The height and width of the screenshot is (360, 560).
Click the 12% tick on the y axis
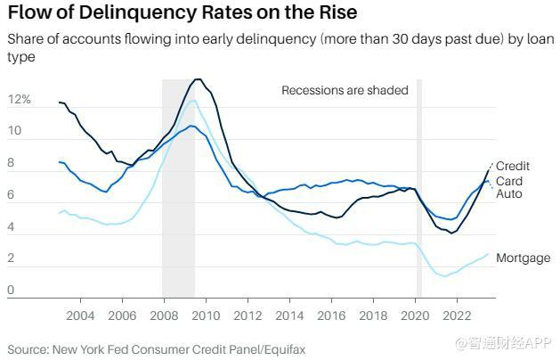coord(20,100)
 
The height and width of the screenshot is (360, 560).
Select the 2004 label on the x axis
coord(80,315)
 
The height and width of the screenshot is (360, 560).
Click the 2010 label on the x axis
coord(206,315)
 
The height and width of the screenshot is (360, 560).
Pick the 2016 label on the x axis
coord(331,315)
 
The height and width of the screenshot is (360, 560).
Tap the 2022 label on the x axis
coord(458,315)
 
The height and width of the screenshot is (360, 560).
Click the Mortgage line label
coord(523,258)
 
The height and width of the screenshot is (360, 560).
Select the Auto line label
coord(508,194)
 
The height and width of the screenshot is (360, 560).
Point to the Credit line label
coord(513,167)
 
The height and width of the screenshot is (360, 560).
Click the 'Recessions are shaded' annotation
coord(345,90)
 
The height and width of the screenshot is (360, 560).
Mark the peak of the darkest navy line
coord(198,79)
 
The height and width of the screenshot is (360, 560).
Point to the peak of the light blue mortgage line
coord(191,101)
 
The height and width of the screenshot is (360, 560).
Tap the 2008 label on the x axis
coord(164,315)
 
